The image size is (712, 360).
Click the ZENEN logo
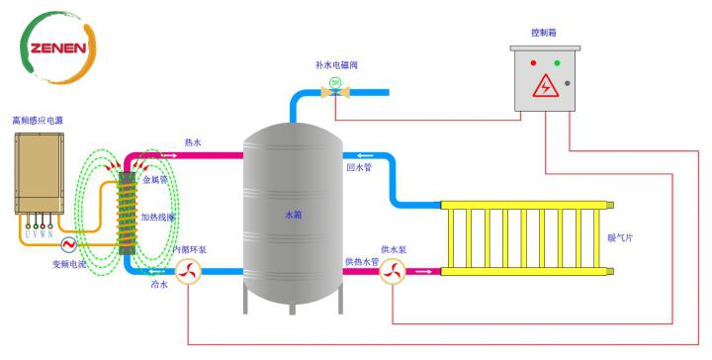click(x=58, y=47)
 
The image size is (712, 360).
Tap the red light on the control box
click(x=535, y=63)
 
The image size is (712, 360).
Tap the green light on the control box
click(x=557, y=63)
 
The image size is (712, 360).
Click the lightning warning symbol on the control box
click(x=545, y=88)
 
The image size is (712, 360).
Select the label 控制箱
click(x=544, y=33)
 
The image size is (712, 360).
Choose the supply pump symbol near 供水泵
click(x=392, y=270)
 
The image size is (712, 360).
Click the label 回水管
click(x=358, y=168)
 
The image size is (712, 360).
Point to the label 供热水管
click(x=361, y=261)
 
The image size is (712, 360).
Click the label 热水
click(x=193, y=143)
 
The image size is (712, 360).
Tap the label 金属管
click(x=156, y=181)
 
